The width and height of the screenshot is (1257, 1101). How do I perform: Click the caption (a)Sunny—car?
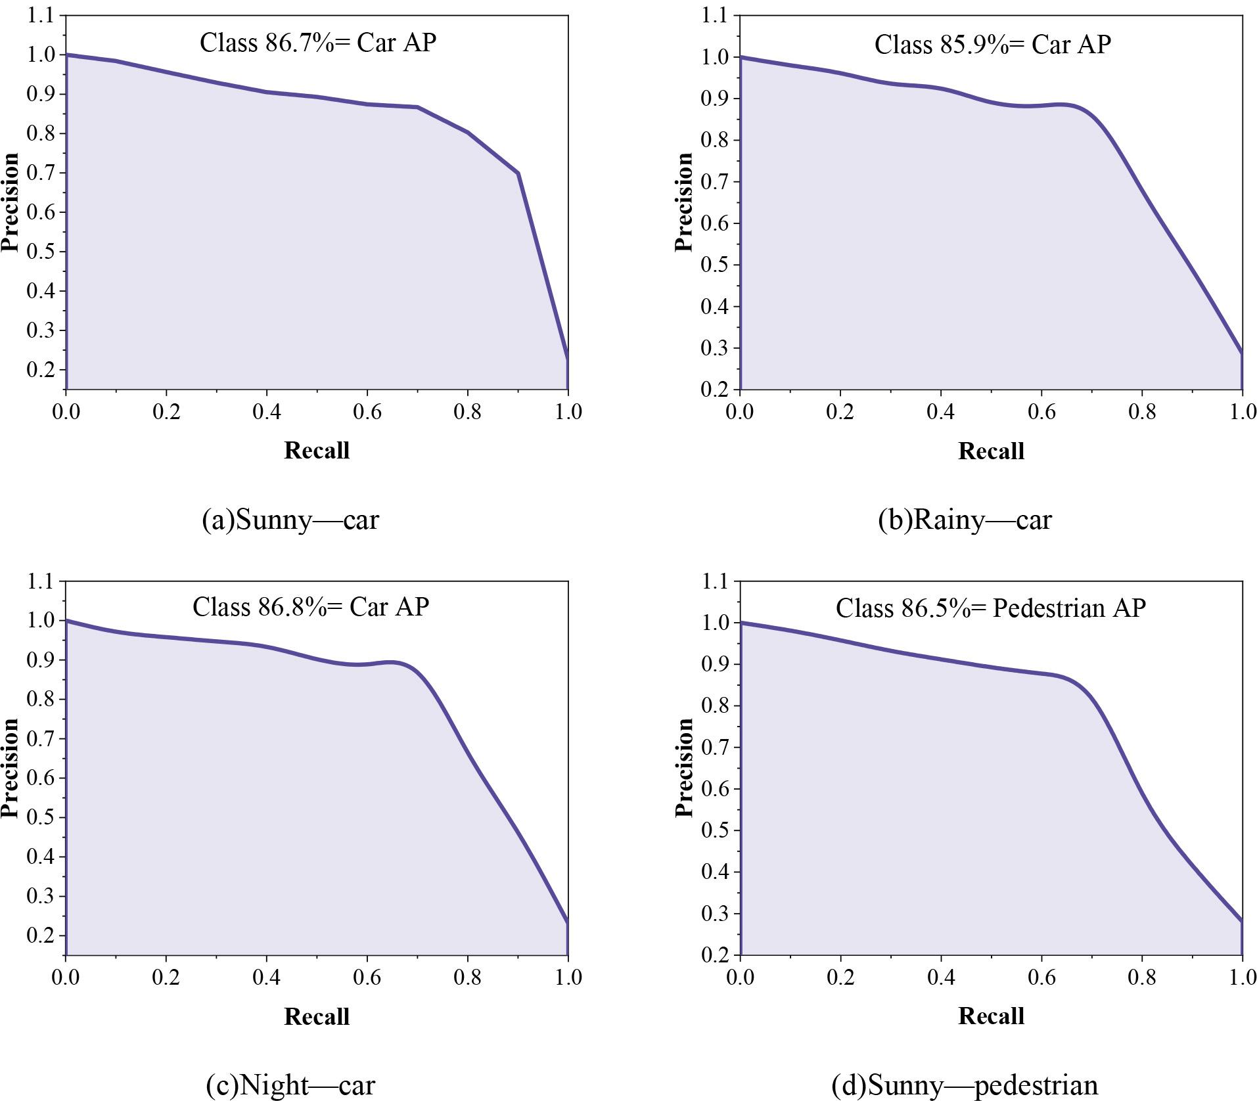coord(290,520)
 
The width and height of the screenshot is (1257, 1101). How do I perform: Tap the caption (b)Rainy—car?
coord(965,520)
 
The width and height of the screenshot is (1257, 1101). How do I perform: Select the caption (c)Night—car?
coord(290,1085)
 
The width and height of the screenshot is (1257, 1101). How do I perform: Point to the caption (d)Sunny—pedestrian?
coord(965,1085)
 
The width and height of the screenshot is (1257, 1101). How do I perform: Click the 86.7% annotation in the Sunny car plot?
coord(299,43)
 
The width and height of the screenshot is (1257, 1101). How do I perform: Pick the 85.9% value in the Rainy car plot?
coord(974,45)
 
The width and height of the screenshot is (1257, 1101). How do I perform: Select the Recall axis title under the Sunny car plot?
coord(316,451)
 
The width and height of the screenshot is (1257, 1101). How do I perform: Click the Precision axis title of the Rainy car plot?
coord(684,201)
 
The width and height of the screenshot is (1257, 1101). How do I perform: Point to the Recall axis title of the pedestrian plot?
coord(991,1016)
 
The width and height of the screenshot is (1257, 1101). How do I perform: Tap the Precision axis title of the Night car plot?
coord(10,767)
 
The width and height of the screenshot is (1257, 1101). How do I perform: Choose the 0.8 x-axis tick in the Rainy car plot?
coord(1142,412)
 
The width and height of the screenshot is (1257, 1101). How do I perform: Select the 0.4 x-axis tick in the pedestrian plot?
coord(941,977)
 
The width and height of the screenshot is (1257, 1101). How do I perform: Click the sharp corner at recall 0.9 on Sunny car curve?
coord(518,173)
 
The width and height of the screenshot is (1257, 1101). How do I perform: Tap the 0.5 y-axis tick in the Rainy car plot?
coord(714,265)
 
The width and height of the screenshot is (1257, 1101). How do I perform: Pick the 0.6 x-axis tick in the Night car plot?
coord(367,977)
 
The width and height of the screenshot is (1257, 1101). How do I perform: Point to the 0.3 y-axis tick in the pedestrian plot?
coord(714,914)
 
